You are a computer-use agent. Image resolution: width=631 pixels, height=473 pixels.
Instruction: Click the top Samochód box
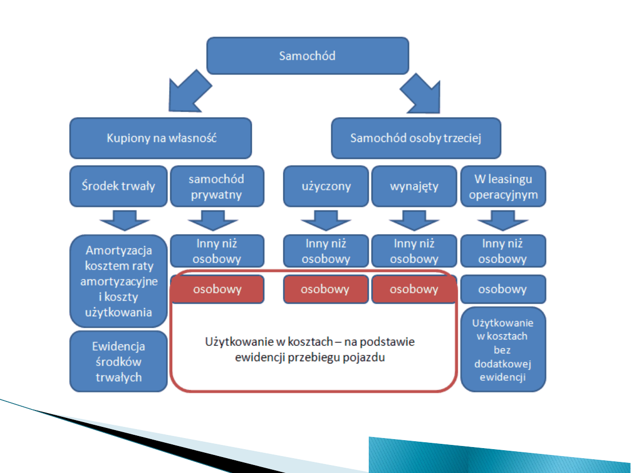tap(307, 56)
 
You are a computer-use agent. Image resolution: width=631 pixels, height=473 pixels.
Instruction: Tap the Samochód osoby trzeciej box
tap(416, 138)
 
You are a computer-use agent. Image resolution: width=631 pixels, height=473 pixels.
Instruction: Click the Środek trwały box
tap(119, 186)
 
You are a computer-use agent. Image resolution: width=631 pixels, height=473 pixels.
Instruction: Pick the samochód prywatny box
tap(217, 186)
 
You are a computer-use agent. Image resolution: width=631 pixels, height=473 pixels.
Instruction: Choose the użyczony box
tap(326, 186)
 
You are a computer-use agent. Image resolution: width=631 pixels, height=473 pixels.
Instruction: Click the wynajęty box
tap(414, 186)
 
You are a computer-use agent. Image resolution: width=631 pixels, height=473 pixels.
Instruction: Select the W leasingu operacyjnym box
tap(503, 186)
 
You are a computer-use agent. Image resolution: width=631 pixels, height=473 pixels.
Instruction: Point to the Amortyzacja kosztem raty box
tap(119, 281)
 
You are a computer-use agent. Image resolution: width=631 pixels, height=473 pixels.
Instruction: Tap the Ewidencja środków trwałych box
tap(119, 362)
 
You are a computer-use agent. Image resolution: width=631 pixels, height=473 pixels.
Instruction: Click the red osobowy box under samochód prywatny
tap(217, 289)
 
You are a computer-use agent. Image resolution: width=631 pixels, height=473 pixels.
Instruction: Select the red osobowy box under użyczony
tap(325, 289)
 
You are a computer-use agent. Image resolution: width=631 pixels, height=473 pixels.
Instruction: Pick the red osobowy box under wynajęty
tap(414, 289)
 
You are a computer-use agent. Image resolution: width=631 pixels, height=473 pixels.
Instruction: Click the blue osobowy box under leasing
tap(503, 289)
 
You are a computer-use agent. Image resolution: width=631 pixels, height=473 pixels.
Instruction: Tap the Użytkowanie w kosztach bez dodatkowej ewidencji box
tap(503, 350)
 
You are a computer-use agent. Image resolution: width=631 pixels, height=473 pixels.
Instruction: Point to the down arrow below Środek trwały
tap(119, 219)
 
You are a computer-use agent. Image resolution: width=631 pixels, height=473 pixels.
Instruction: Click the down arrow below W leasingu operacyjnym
tap(503, 219)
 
